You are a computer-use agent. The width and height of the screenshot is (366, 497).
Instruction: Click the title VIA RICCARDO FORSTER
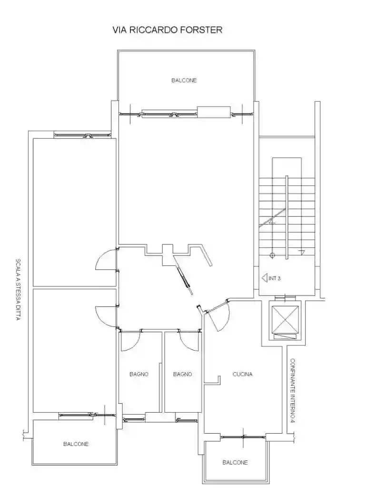coord(168,30)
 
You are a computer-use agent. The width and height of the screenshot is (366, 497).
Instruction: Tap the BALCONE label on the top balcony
coord(184,81)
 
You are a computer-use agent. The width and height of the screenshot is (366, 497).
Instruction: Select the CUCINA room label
coord(243,374)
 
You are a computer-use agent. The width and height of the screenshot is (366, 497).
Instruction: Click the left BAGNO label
coord(139,374)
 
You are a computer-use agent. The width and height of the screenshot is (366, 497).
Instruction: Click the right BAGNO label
coord(183,374)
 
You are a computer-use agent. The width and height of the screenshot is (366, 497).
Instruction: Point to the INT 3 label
coord(275,278)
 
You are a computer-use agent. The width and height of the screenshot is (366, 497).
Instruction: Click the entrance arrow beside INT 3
coord(265,278)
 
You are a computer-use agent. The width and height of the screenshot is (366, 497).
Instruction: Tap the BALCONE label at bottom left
coord(76,444)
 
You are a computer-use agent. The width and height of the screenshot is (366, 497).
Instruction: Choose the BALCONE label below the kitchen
coord(235,462)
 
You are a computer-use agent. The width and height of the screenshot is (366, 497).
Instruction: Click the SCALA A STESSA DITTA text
coord(18,289)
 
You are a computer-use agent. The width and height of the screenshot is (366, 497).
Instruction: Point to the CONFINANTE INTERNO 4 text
coord(293,391)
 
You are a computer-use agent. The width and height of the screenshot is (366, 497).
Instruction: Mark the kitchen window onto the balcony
coord(243,437)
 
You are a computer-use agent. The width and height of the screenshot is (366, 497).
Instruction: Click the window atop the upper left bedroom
coord(83,135)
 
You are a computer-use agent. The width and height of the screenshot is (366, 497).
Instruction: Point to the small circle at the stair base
coord(272,255)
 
